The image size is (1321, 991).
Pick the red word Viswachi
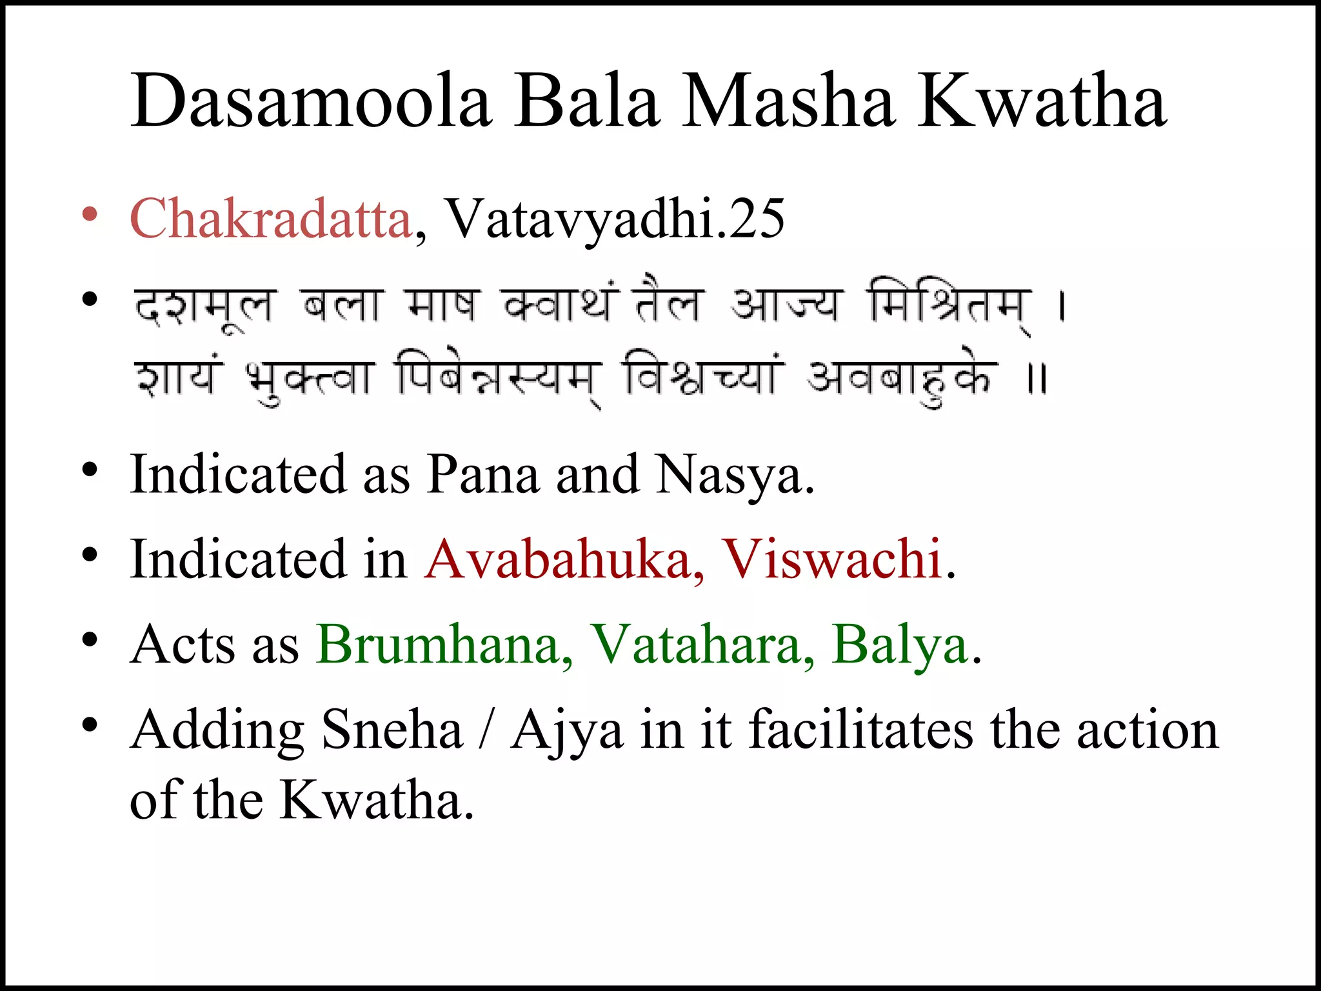(x=832, y=559)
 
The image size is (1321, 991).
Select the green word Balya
(x=900, y=644)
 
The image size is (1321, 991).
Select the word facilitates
(x=862, y=729)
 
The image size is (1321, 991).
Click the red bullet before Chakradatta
(x=90, y=215)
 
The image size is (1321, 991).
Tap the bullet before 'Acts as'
(x=90, y=641)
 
